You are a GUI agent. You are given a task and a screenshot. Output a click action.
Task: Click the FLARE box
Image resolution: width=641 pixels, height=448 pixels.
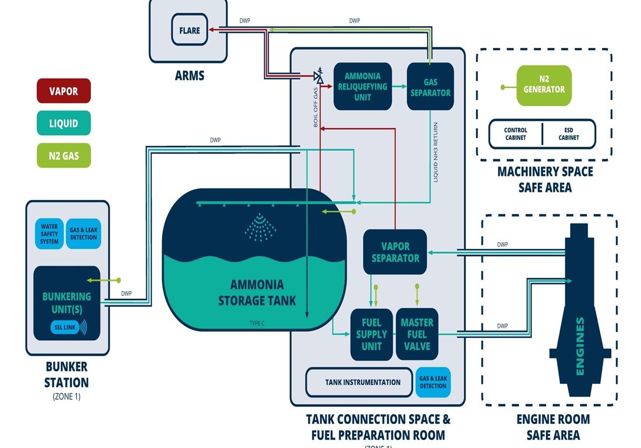190,30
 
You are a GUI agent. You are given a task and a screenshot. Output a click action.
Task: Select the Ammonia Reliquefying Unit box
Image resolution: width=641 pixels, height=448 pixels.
362,86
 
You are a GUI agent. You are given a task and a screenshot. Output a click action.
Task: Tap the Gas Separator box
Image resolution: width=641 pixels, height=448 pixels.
430,86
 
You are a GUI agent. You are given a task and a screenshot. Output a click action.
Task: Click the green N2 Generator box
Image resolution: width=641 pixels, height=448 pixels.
544,85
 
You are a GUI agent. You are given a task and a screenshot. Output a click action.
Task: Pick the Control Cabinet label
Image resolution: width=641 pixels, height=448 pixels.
515,134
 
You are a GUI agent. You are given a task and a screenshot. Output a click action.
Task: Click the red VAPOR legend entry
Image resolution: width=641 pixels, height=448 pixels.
64,91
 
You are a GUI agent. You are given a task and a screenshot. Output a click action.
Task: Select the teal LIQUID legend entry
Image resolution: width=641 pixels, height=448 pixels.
64,123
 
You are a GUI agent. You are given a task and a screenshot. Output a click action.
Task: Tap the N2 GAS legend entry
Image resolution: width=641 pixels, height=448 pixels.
64,156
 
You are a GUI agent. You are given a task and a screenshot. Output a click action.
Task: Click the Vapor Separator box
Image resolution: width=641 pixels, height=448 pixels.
395,252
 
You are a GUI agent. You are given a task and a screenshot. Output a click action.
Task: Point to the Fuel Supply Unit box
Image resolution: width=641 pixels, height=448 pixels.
371,334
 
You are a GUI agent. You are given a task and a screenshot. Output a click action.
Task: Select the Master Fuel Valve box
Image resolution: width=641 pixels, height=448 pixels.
417,334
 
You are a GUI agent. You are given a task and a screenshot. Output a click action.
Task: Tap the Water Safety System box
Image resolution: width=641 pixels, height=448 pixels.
49,234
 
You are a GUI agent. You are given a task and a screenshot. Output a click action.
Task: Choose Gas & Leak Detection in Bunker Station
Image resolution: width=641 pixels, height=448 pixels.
83,234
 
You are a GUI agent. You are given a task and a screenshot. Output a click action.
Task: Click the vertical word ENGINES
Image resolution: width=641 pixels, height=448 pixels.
581,347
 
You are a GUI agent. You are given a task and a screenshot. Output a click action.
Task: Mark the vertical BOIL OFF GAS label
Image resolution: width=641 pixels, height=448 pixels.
316,107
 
